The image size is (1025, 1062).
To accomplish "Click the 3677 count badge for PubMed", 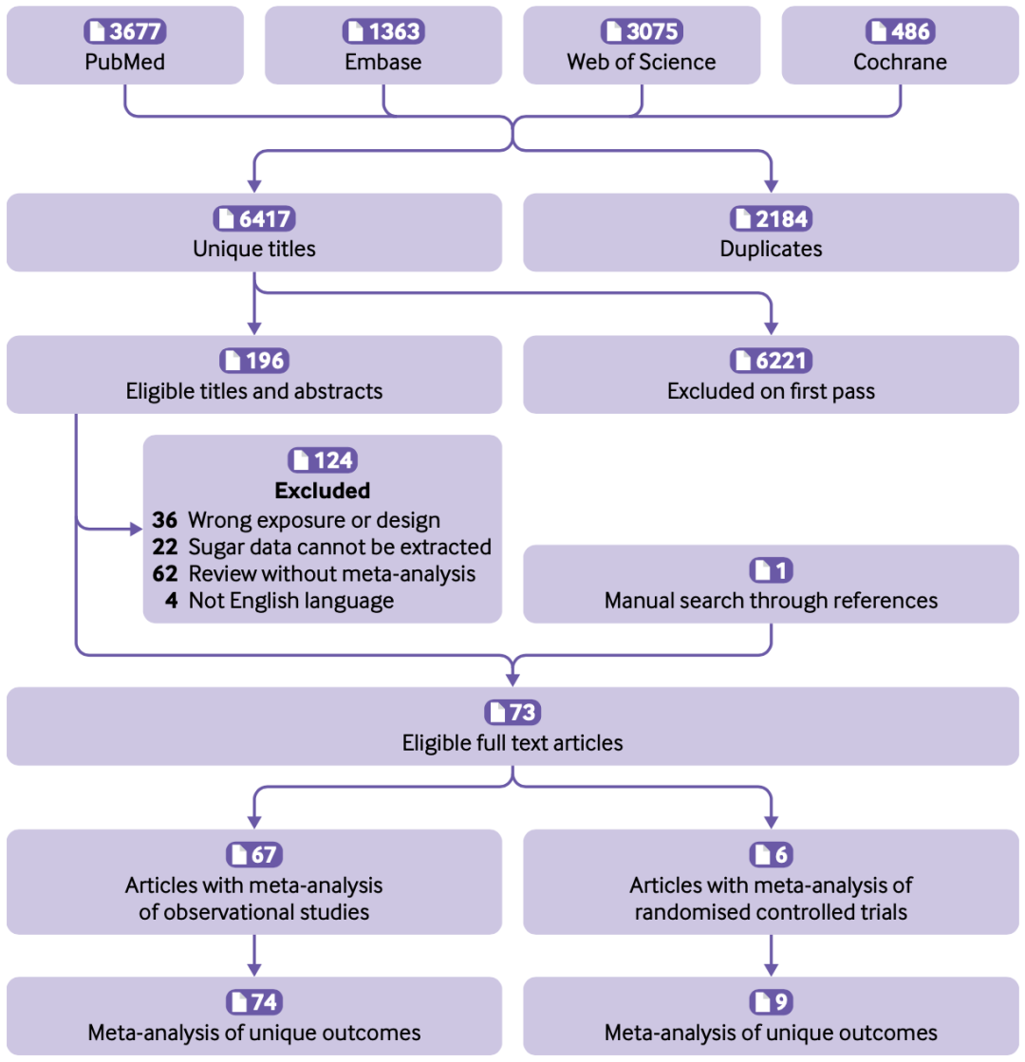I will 125,31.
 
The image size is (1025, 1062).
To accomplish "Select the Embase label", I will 383,63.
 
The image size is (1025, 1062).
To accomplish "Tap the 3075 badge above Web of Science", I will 642,31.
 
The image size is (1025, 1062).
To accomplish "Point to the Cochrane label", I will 900,63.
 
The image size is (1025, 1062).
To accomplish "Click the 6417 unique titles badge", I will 254,219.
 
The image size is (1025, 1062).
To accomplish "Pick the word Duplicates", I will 771,250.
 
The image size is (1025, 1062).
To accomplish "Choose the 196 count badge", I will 254,361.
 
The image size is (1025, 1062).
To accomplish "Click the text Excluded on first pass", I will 771,391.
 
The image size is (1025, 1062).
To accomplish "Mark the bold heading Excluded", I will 322,491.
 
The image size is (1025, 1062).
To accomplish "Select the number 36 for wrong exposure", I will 165,519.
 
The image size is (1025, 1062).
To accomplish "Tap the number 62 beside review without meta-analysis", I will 165,573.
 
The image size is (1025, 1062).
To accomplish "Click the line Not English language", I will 290,600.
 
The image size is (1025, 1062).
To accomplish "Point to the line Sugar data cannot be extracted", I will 340,547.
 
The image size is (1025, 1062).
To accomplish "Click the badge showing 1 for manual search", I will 771,570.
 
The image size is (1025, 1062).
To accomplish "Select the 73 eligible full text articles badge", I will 512,712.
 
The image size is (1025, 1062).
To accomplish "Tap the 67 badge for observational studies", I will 254,854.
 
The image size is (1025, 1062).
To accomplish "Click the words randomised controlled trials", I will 771,912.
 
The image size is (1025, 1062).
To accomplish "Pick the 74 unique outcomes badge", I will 254,1001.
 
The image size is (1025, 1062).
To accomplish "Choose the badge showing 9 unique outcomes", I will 771,1001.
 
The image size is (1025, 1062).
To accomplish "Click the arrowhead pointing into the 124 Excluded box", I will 134,528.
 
